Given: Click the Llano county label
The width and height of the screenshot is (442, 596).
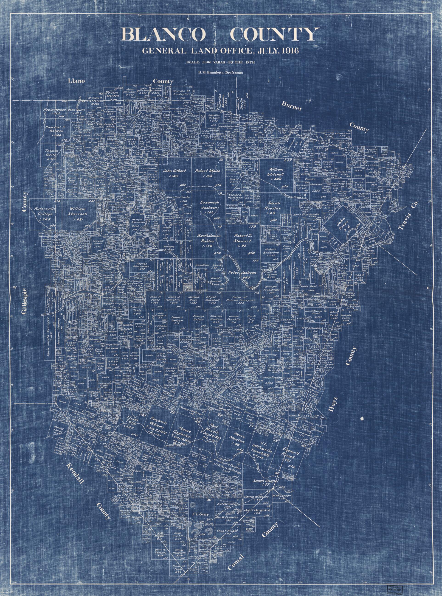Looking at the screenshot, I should [x=76, y=81].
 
